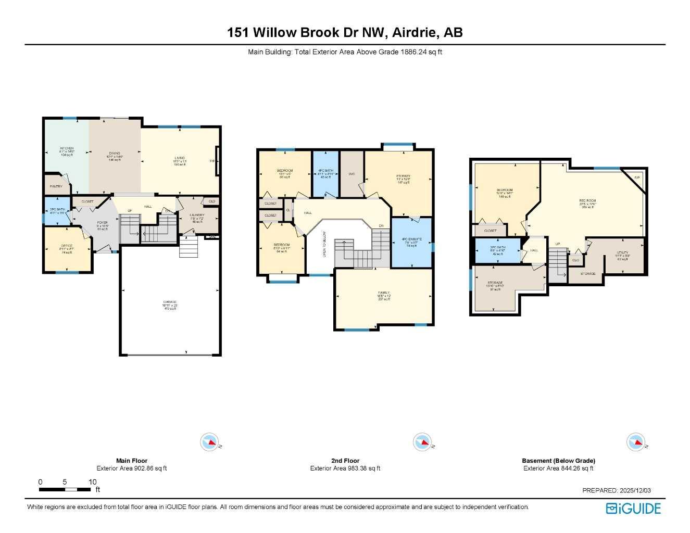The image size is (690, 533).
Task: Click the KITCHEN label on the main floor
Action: click(x=67, y=149)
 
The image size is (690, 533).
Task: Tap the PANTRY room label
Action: click(x=56, y=186)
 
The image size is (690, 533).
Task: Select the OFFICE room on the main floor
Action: click(x=67, y=246)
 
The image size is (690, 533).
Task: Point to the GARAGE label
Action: click(x=170, y=302)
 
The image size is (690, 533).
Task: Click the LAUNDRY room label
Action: click(x=197, y=215)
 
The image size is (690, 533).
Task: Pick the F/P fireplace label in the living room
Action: click(x=212, y=161)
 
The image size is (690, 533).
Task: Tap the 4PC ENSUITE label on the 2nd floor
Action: click(x=411, y=239)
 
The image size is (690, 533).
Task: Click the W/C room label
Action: click(x=352, y=174)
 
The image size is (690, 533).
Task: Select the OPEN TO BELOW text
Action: click(x=324, y=244)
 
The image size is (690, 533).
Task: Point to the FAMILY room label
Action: click(x=384, y=293)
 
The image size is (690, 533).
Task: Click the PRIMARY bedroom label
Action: click(x=404, y=176)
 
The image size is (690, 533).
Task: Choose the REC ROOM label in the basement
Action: click(x=587, y=201)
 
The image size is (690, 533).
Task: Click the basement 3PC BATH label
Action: click(x=498, y=247)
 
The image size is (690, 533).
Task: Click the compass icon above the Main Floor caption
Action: click(x=209, y=442)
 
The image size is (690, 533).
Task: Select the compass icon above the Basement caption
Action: click(x=635, y=442)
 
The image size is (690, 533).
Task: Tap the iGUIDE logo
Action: click(x=633, y=509)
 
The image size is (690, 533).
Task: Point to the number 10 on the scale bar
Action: click(x=93, y=482)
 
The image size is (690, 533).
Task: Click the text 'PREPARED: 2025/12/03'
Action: click(x=616, y=490)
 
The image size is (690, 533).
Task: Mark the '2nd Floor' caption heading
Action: click(x=345, y=461)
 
